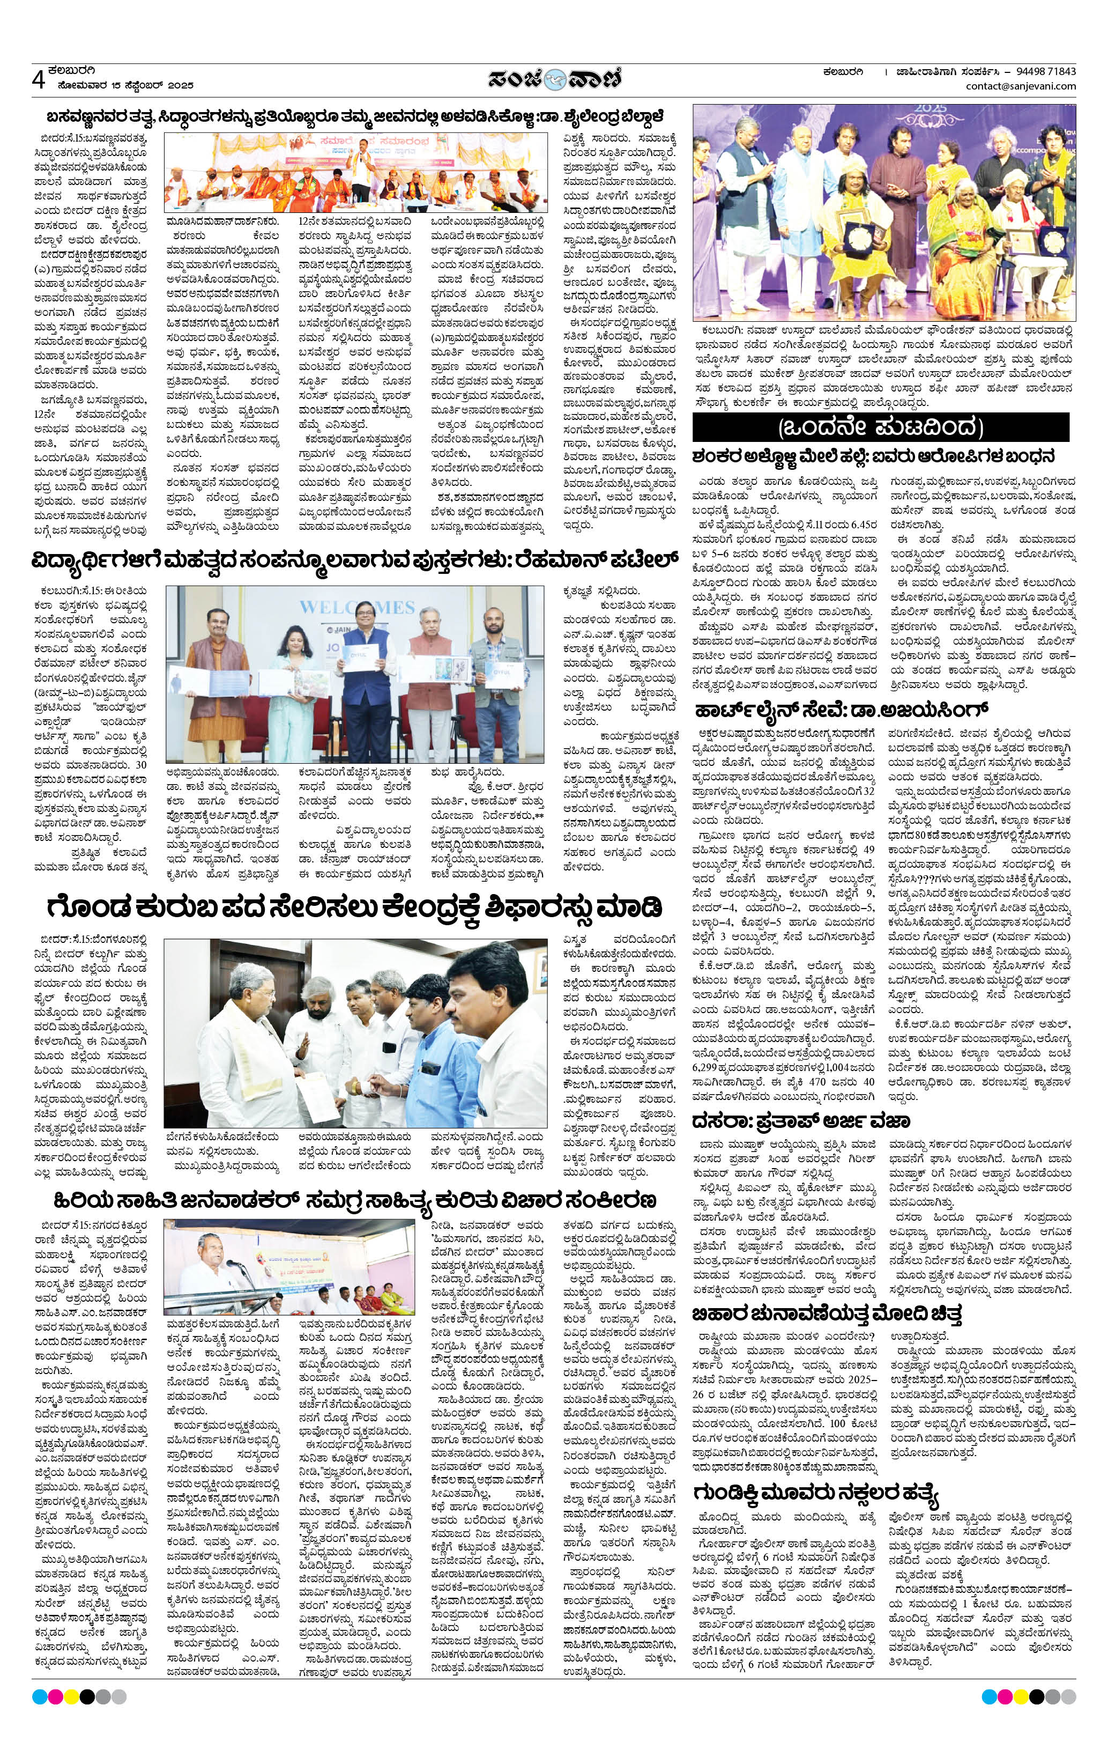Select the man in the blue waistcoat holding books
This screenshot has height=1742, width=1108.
(362, 680)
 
